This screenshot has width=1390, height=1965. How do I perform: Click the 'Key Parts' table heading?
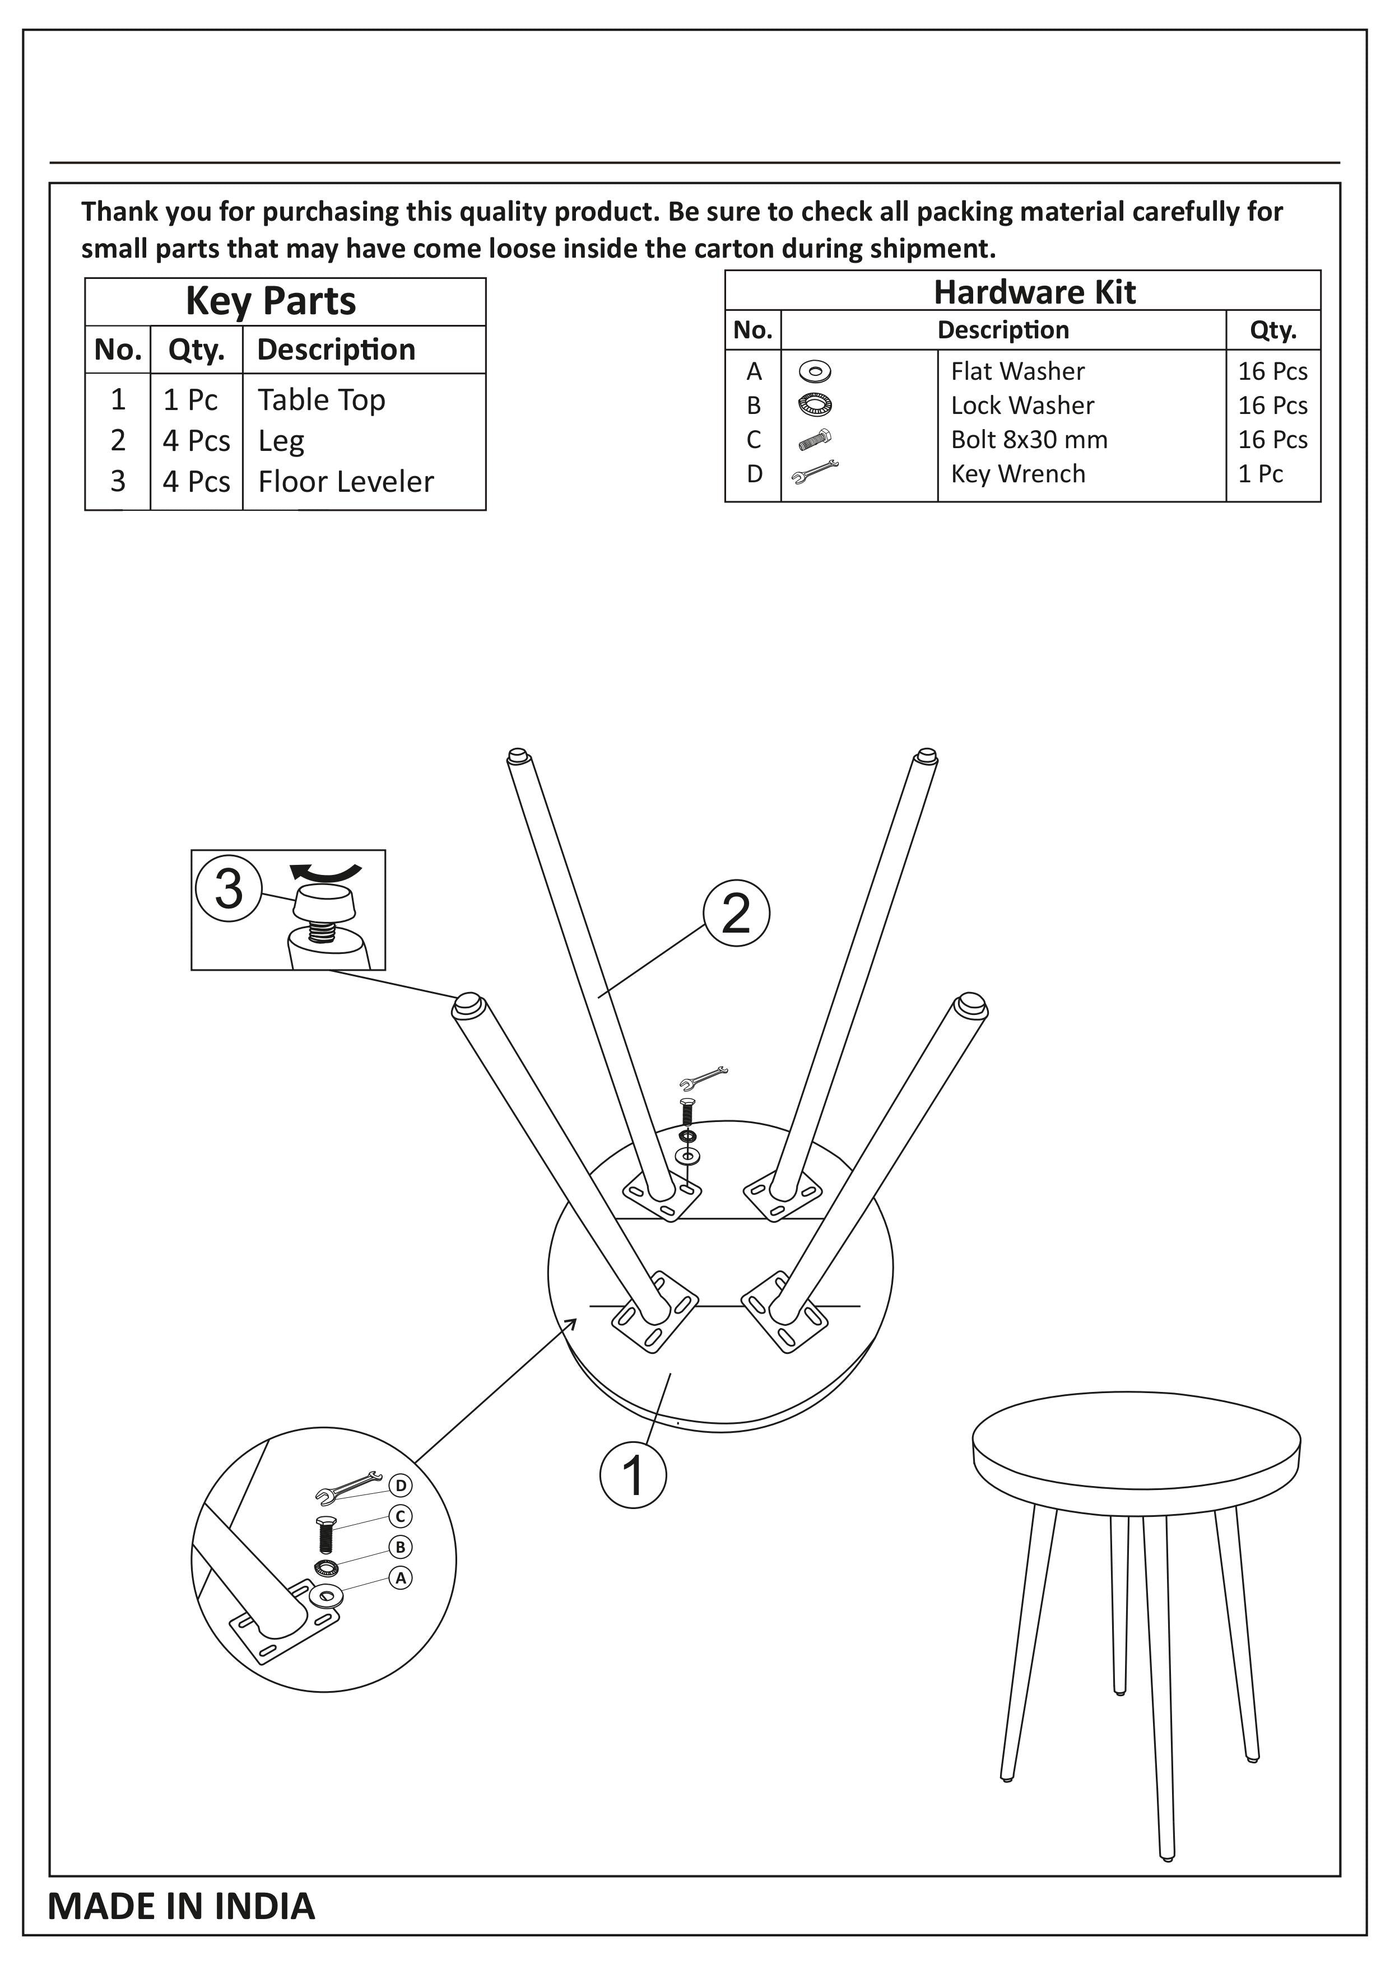click(271, 301)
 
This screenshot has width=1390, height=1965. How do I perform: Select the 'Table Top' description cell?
click(322, 400)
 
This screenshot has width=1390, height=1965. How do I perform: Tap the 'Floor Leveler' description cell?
click(346, 481)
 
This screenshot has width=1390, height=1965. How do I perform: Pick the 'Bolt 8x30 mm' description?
click(1029, 439)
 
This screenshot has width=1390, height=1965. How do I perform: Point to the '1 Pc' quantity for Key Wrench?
click(1260, 473)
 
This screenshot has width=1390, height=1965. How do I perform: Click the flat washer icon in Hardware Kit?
click(814, 371)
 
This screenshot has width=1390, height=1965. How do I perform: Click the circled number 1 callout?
click(634, 1475)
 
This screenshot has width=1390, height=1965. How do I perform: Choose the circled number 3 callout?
click(229, 888)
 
